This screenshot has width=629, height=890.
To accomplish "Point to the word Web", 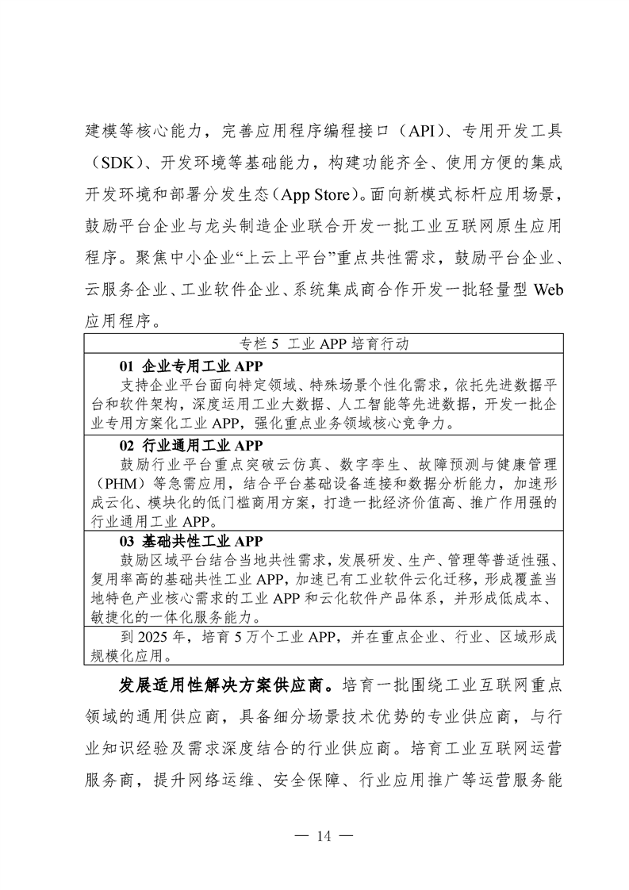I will [544, 290].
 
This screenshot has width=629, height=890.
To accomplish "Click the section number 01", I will [128, 366].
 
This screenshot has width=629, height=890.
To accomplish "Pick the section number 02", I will [128, 445].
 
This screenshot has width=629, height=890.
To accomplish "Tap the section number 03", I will [128, 541].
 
